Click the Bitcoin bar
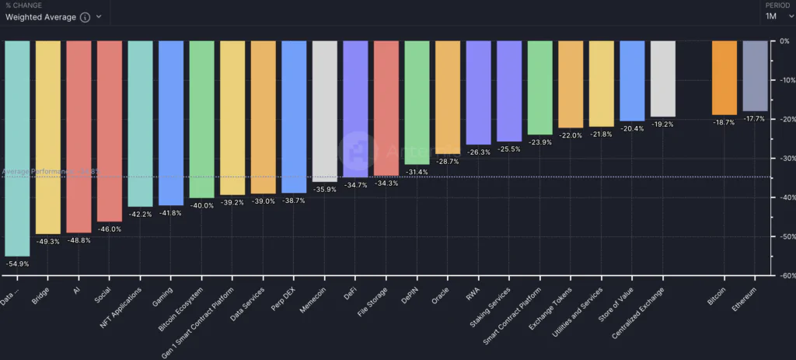[x=724, y=78]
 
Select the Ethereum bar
[x=755, y=75]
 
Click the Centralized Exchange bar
[x=662, y=79]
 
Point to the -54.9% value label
[x=17, y=264]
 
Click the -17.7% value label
[x=755, y=119]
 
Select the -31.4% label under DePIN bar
[x=417, y=172]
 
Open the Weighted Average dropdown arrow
[x=99, y=17]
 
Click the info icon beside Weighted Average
[x=85, y=17]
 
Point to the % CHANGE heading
[x=24, y=5]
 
